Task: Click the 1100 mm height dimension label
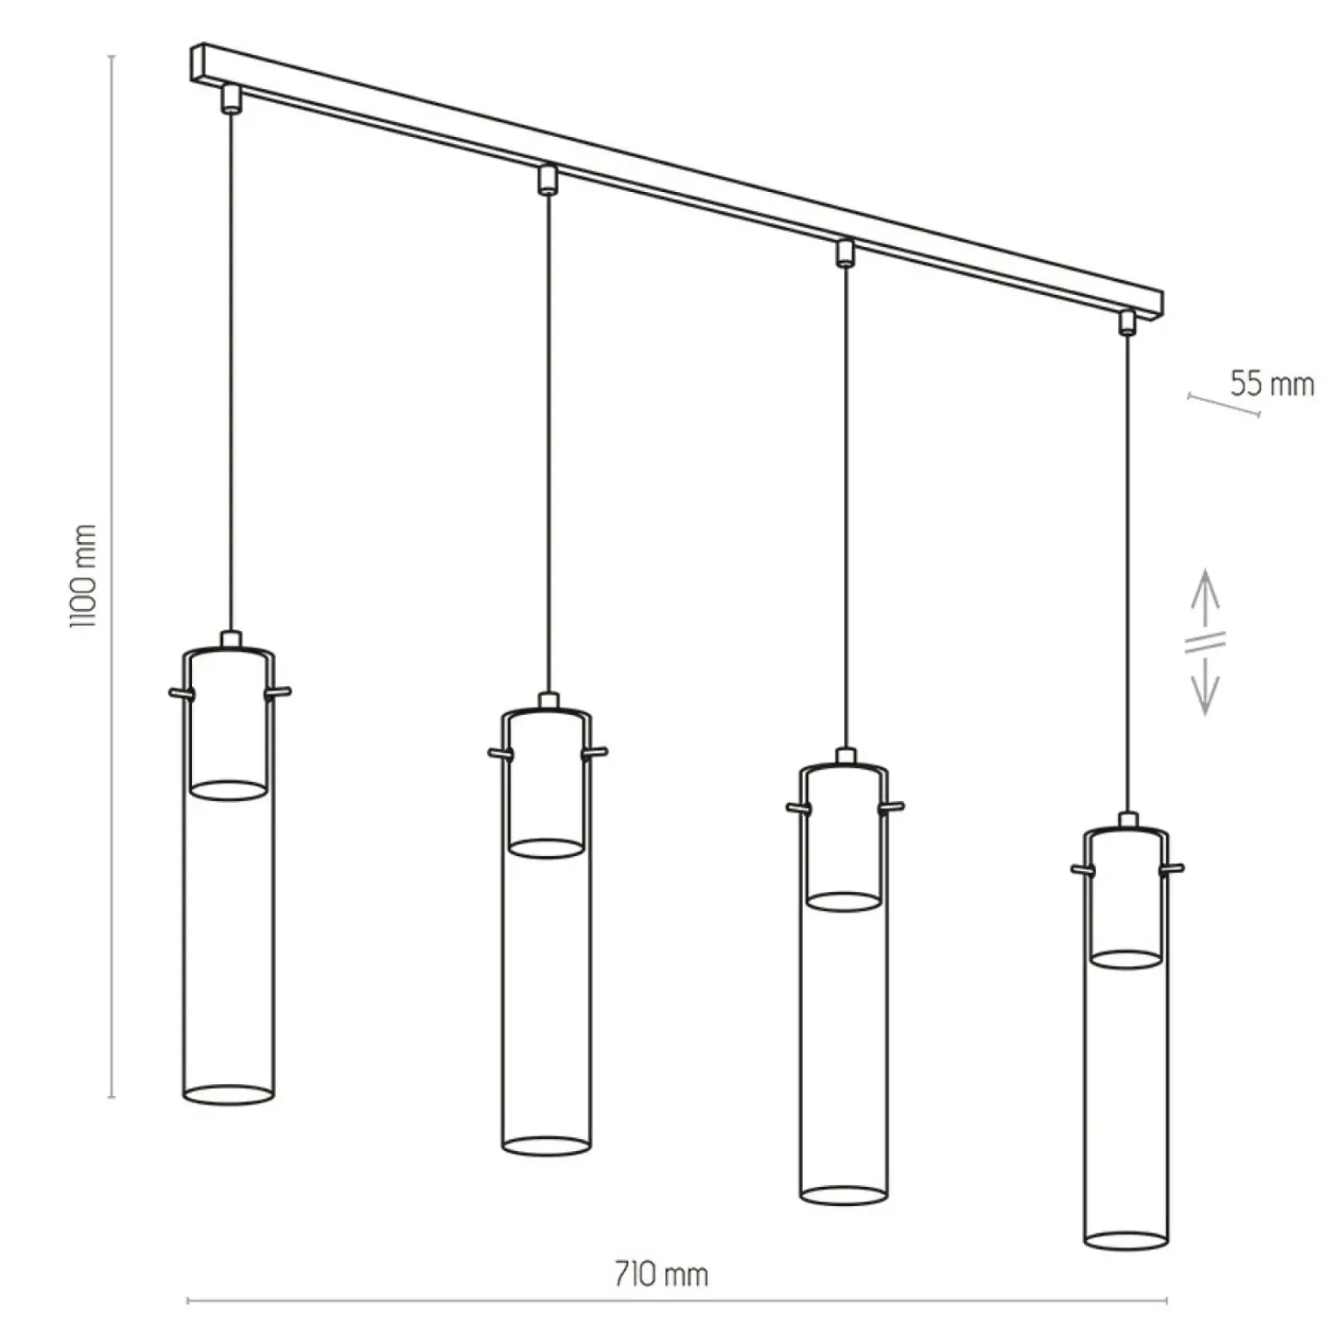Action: [84, 576]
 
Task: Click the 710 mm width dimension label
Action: [661, 1274]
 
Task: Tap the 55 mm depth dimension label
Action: [1272, 384]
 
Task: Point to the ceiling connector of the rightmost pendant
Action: [1128, 322]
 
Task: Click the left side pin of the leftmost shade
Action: [181, 693]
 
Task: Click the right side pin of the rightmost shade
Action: [1171, 868]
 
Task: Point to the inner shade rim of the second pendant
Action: [546, 848]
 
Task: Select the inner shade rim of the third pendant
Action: [844, 901]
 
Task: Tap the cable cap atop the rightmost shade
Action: [1128, 819]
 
